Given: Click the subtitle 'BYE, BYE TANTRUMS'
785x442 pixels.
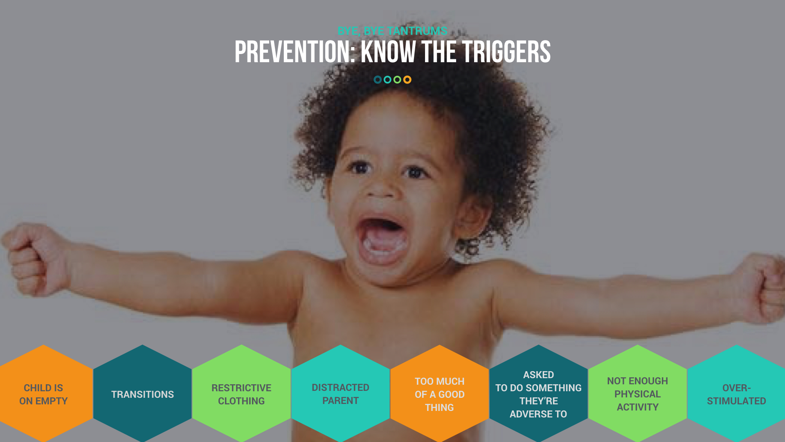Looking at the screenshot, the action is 392,31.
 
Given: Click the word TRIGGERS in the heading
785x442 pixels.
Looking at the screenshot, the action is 506,52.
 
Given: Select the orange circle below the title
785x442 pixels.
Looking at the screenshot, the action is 407,79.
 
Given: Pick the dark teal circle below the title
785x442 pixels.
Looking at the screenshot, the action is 378,79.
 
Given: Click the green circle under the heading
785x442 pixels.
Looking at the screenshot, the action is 397,79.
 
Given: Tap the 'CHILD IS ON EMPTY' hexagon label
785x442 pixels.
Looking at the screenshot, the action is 43,394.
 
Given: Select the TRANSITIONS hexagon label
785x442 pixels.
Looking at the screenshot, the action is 142,394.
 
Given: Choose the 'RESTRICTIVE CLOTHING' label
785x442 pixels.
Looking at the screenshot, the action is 241,394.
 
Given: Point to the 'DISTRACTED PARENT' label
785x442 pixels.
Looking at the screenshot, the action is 340,394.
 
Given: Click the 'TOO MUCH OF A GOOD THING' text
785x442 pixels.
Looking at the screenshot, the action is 439,394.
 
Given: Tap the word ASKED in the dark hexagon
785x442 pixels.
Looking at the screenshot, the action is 538,374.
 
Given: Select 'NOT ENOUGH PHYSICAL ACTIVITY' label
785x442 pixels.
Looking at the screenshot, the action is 637,394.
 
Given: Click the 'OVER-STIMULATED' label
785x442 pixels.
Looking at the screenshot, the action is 736,394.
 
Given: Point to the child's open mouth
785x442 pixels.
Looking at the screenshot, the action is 383,241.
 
